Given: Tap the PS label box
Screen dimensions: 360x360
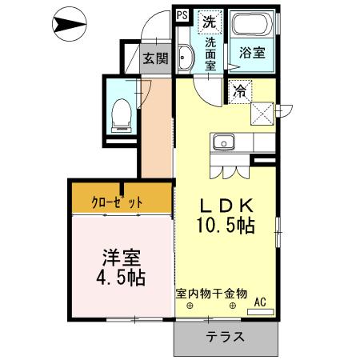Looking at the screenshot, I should (x=181, y=14).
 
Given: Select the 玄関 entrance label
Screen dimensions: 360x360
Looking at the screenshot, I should (x=155, y=58).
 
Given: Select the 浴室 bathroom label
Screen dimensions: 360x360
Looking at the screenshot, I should (x=253, y=54).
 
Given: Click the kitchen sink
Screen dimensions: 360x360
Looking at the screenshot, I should (x=222, y=143).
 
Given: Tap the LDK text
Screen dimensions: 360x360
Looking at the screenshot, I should (x=226, y=203).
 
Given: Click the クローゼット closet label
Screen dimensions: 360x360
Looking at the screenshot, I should (x=121, y=202).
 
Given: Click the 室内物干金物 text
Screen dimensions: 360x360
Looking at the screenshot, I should (x=211, y=294).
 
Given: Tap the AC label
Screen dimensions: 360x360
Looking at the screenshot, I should (x=260, y=302).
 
